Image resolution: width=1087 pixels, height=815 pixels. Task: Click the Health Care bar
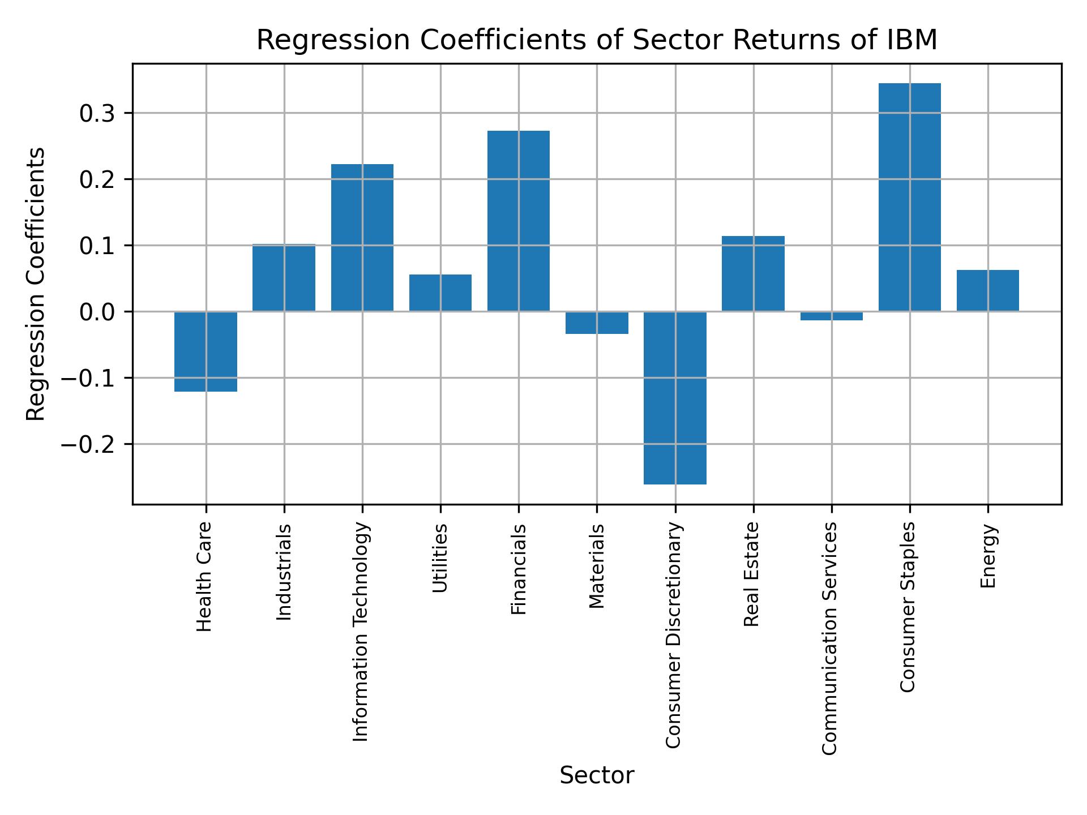(206, 351)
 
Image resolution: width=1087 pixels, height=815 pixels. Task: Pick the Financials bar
(518, 221)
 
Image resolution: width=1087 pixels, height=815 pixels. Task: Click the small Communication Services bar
(831, 316)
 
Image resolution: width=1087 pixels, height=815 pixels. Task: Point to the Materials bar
(597, 323)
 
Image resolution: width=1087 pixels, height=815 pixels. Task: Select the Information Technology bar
(362, 238)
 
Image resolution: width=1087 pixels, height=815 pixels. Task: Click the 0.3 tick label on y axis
(97, 114)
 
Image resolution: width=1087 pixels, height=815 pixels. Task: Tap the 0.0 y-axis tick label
(97, 312)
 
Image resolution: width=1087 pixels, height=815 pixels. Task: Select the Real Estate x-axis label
(751, 574)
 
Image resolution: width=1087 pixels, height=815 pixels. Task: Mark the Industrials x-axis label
(284, 572)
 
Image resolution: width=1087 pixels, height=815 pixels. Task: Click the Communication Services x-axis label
(829, 638)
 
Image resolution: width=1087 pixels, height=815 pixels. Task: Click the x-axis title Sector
(597, 775)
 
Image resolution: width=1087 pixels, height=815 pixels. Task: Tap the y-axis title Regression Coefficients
(36, 284)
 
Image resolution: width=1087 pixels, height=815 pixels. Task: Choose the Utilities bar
(440, 293)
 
